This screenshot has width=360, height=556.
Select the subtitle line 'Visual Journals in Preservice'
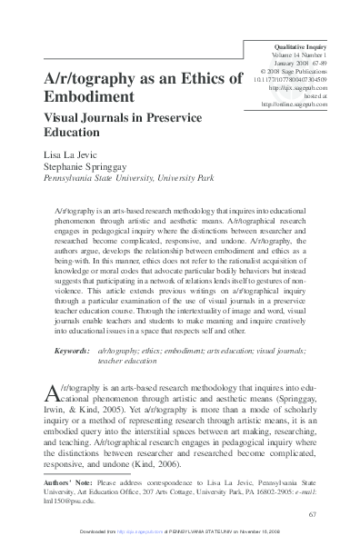coord(124,118)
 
